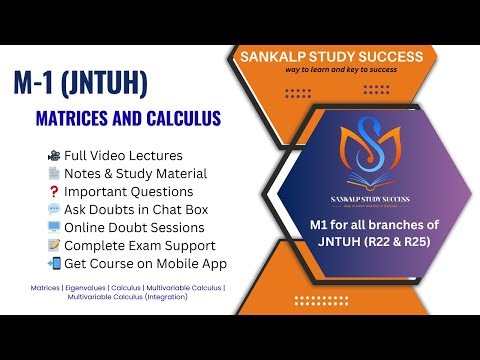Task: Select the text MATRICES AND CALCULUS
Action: [128, 120]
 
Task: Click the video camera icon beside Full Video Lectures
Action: [53, 156]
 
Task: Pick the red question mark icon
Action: [53, 192]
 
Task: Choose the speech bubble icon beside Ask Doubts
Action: [53, 210]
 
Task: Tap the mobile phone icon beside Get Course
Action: [53, 264]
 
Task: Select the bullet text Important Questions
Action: [128, 192]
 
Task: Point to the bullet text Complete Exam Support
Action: [139, 246]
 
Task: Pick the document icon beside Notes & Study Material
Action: [53, 174]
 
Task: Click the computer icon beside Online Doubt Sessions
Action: [53, 228]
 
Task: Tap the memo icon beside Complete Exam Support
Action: [53, 246]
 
